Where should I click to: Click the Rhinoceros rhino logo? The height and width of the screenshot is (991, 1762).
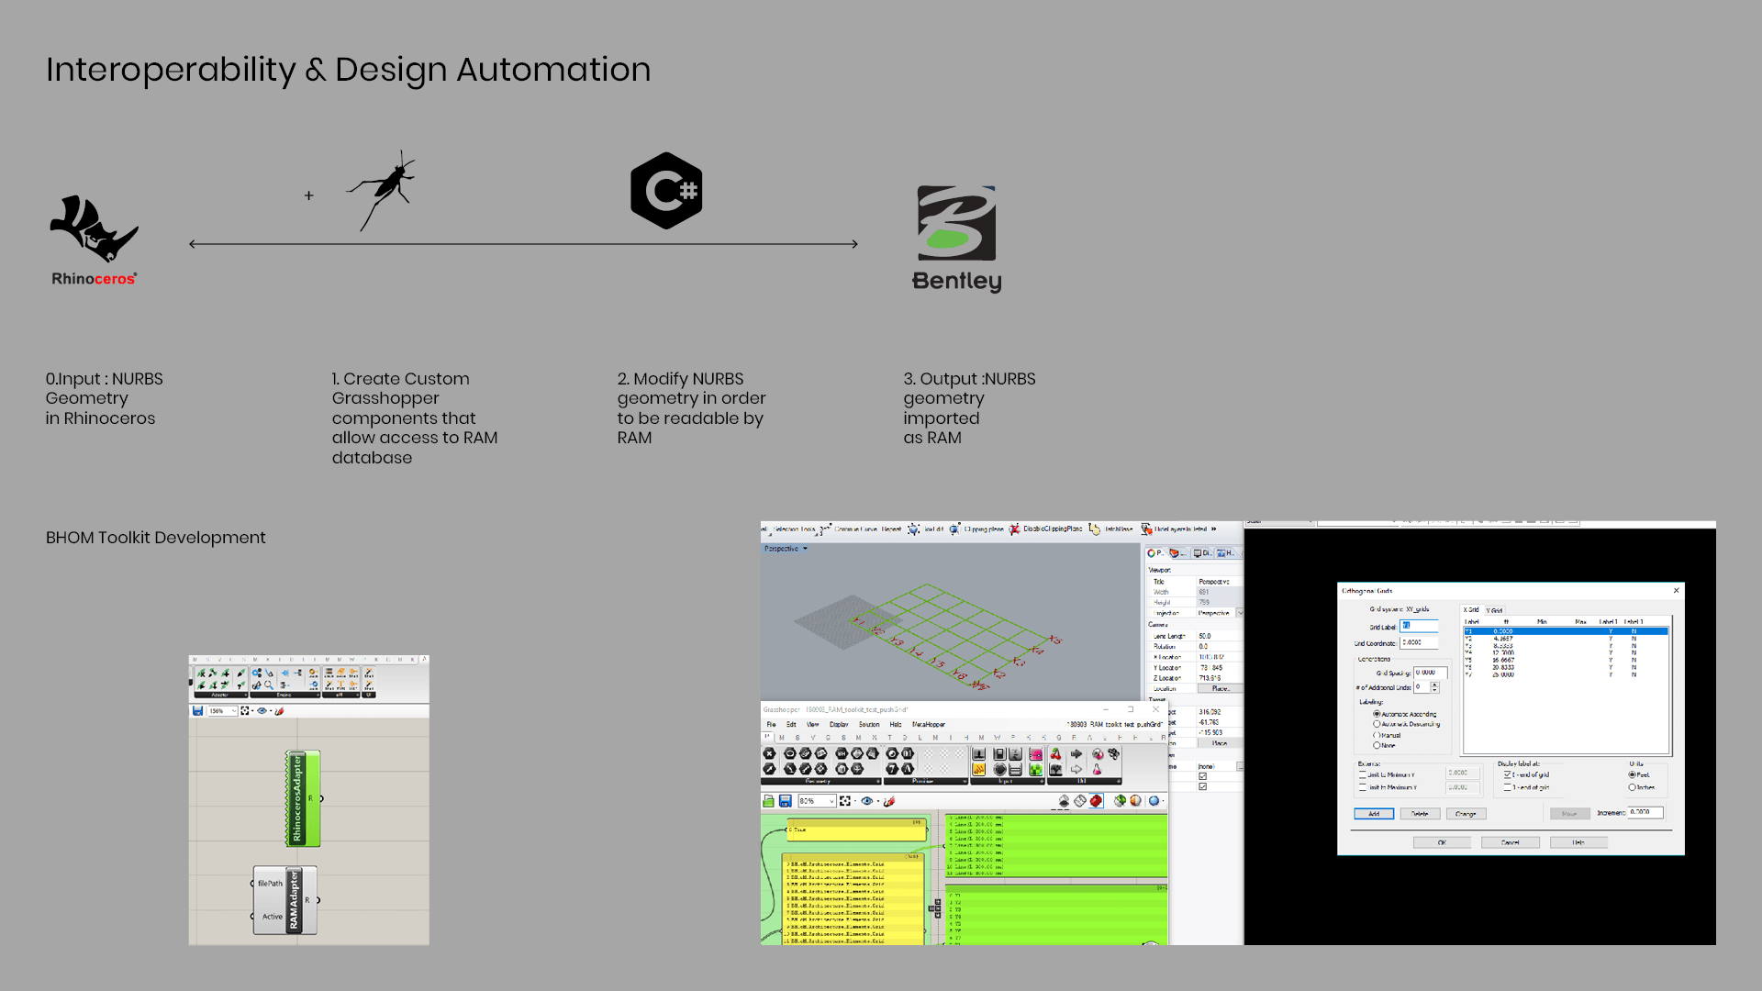94,229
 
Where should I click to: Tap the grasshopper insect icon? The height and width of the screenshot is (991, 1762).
384,189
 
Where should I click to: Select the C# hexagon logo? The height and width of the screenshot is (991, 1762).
666,191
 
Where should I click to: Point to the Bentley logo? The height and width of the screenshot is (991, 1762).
956,239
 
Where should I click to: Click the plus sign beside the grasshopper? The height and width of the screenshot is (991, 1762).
309,195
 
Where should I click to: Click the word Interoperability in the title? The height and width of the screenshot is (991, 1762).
171,70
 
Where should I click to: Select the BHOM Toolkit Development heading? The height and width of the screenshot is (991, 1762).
156,538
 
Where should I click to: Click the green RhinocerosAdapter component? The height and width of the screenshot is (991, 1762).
303,798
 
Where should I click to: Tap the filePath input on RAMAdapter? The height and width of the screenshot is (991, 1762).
270,884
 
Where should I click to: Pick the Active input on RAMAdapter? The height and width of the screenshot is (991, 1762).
273,917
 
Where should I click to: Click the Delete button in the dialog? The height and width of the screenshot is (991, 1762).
1420,814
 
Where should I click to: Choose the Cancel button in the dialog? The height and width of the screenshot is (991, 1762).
1510,842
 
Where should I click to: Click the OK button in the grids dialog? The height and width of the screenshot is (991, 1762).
1442,842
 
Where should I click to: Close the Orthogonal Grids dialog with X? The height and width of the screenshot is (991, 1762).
1677,591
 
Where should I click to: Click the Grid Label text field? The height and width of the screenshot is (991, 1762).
1419,626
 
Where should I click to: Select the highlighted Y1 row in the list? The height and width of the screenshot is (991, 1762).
1565,631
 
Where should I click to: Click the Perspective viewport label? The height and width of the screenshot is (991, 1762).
782,549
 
